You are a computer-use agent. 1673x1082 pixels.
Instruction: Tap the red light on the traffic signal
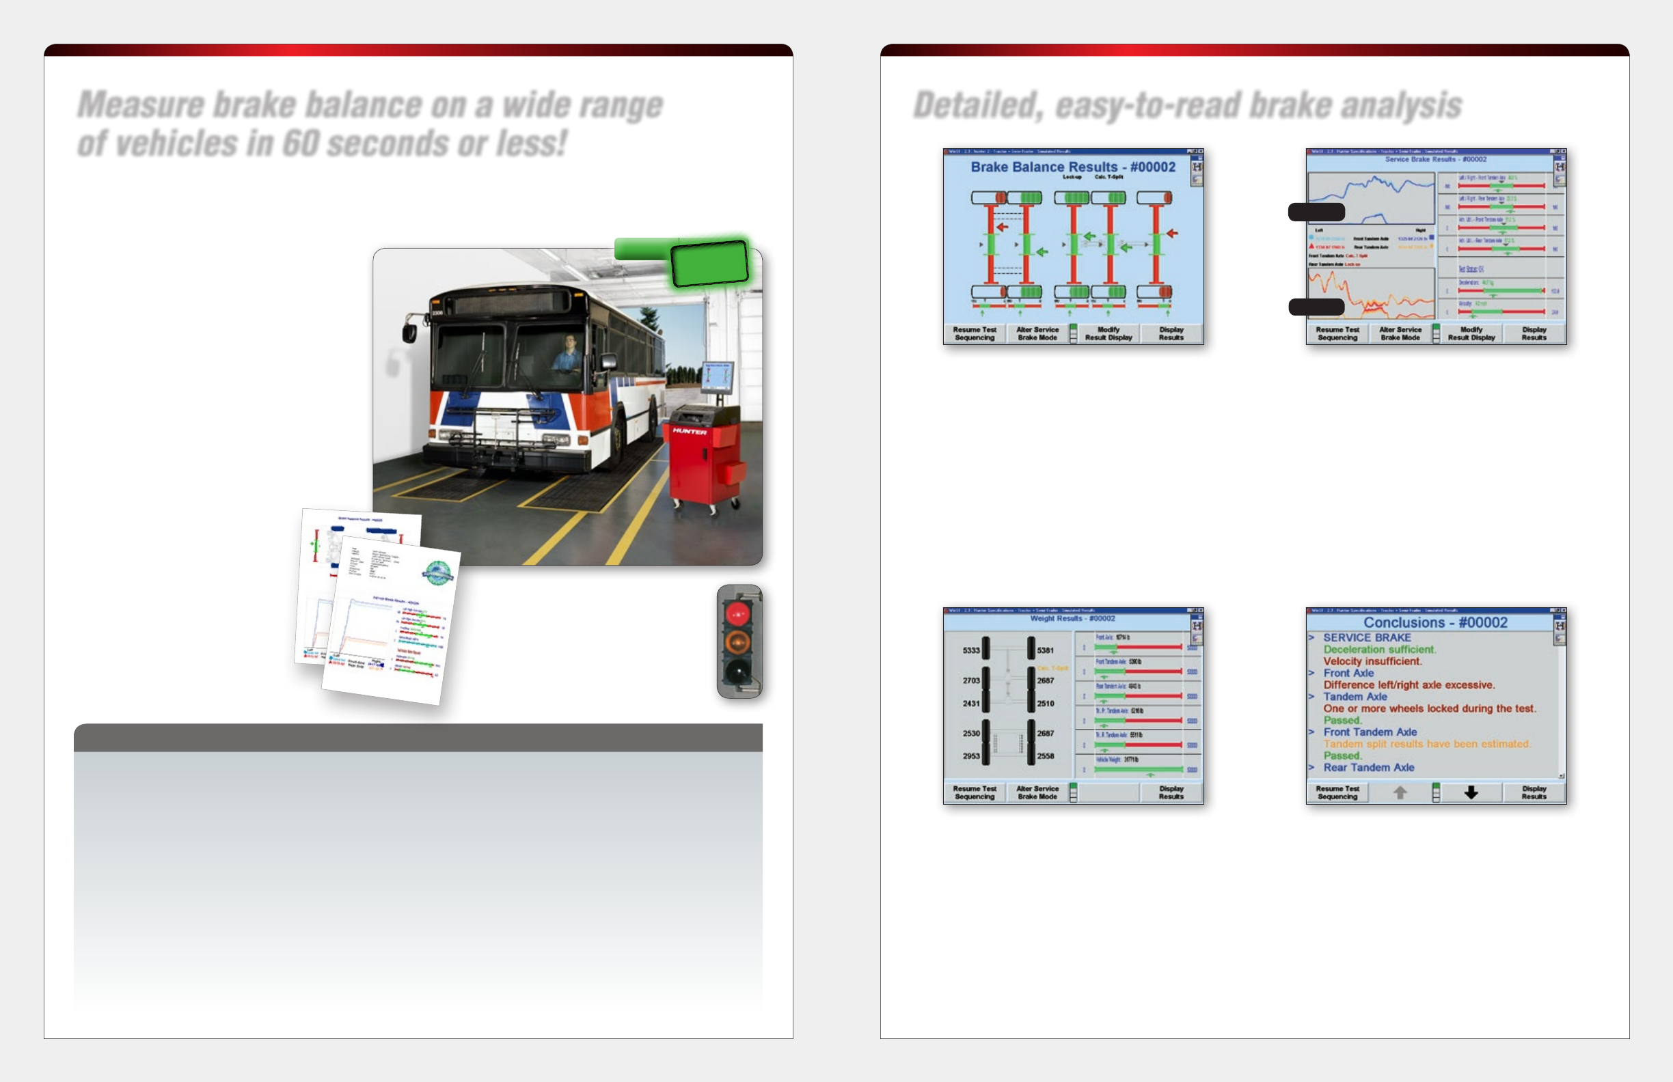point(737,614)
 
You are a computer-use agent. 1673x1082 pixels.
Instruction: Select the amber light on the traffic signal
point(737,641)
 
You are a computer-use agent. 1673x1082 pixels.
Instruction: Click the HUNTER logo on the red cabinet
point(689,432)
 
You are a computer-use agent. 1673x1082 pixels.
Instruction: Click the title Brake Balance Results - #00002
point(1073,167)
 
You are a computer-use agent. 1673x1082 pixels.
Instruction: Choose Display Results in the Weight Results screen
point(1171,792)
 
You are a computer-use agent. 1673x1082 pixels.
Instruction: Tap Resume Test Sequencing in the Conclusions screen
point(1337,792)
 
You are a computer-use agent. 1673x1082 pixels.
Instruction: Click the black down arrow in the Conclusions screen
point(1471,792)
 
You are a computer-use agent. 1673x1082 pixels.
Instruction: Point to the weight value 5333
point(970,650)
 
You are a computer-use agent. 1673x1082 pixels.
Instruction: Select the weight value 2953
point(970,756)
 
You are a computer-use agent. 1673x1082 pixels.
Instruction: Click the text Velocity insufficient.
point(1372,661)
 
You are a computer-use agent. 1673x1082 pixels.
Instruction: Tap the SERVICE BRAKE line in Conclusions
point(1367,637)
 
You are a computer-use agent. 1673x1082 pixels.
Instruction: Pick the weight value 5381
point(1045,650)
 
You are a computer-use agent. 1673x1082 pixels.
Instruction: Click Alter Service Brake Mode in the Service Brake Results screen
point(1400,334)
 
